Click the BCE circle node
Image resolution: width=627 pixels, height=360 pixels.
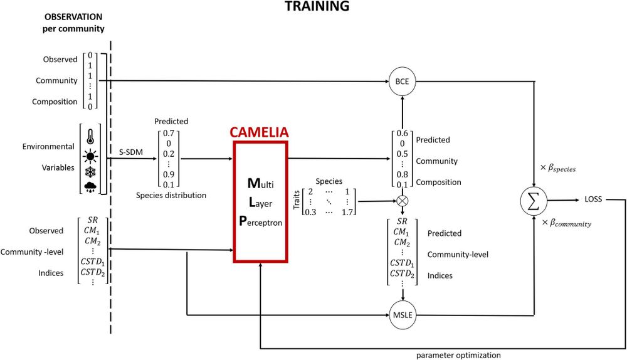click(403, 82)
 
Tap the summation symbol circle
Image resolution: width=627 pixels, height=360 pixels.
click(534, 201)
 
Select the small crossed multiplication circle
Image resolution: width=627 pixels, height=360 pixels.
click(403, 201)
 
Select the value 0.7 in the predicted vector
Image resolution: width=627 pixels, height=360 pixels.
click(167, 134)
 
